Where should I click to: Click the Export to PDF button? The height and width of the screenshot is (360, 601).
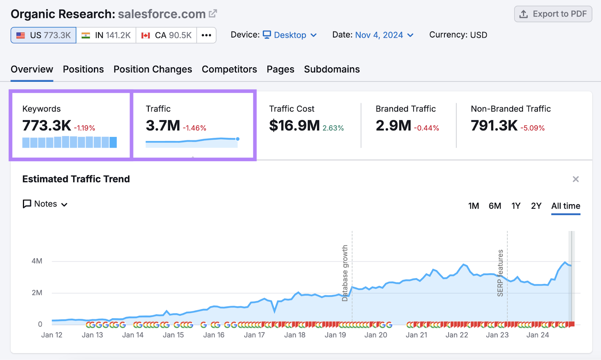point(553,14)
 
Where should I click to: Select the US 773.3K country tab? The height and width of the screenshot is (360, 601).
point(44,35)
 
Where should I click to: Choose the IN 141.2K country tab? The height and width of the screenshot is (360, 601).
point(106,35)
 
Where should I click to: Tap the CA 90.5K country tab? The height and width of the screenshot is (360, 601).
point(166,35)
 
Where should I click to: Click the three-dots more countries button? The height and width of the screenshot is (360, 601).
point(206,35)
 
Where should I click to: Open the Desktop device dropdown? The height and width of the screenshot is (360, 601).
point(290,35)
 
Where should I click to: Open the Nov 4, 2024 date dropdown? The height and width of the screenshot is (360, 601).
point(384,35)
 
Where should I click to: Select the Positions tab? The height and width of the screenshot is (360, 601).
point(83,69)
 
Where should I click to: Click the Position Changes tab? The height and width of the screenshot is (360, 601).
point(153,69)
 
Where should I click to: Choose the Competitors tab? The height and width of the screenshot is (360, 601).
point(229,69)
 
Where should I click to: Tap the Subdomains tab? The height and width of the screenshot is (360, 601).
point(332,69)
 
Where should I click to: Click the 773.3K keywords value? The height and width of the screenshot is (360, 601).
point(47,126)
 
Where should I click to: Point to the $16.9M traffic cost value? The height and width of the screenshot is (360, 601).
point(294,126)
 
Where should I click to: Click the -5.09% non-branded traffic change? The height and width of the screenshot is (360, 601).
point(532,128)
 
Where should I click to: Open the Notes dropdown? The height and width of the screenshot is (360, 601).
point(45,204)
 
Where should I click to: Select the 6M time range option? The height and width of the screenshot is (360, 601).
point(495,206)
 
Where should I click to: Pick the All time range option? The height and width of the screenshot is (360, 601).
point(565,206)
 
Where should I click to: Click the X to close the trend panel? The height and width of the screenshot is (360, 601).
point(575,179)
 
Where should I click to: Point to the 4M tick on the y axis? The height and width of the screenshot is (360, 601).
point(37,261)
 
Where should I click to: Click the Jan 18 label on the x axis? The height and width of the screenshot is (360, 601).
point(294,335)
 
